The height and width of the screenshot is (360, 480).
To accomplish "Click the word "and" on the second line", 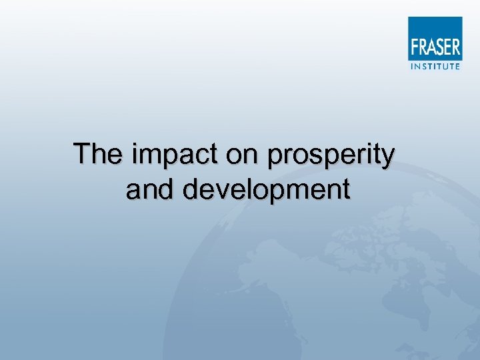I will [x=151, y=189].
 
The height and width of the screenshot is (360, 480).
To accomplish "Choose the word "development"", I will [x=267, y=191].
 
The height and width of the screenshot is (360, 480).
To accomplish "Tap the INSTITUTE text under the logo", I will [x=434, y=65].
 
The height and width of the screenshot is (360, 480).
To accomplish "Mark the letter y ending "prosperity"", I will [x=387, y=158].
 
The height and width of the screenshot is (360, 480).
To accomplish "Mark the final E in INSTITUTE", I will [x=457, y=65].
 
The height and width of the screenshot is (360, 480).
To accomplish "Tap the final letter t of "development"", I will [x=345, y=190].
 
